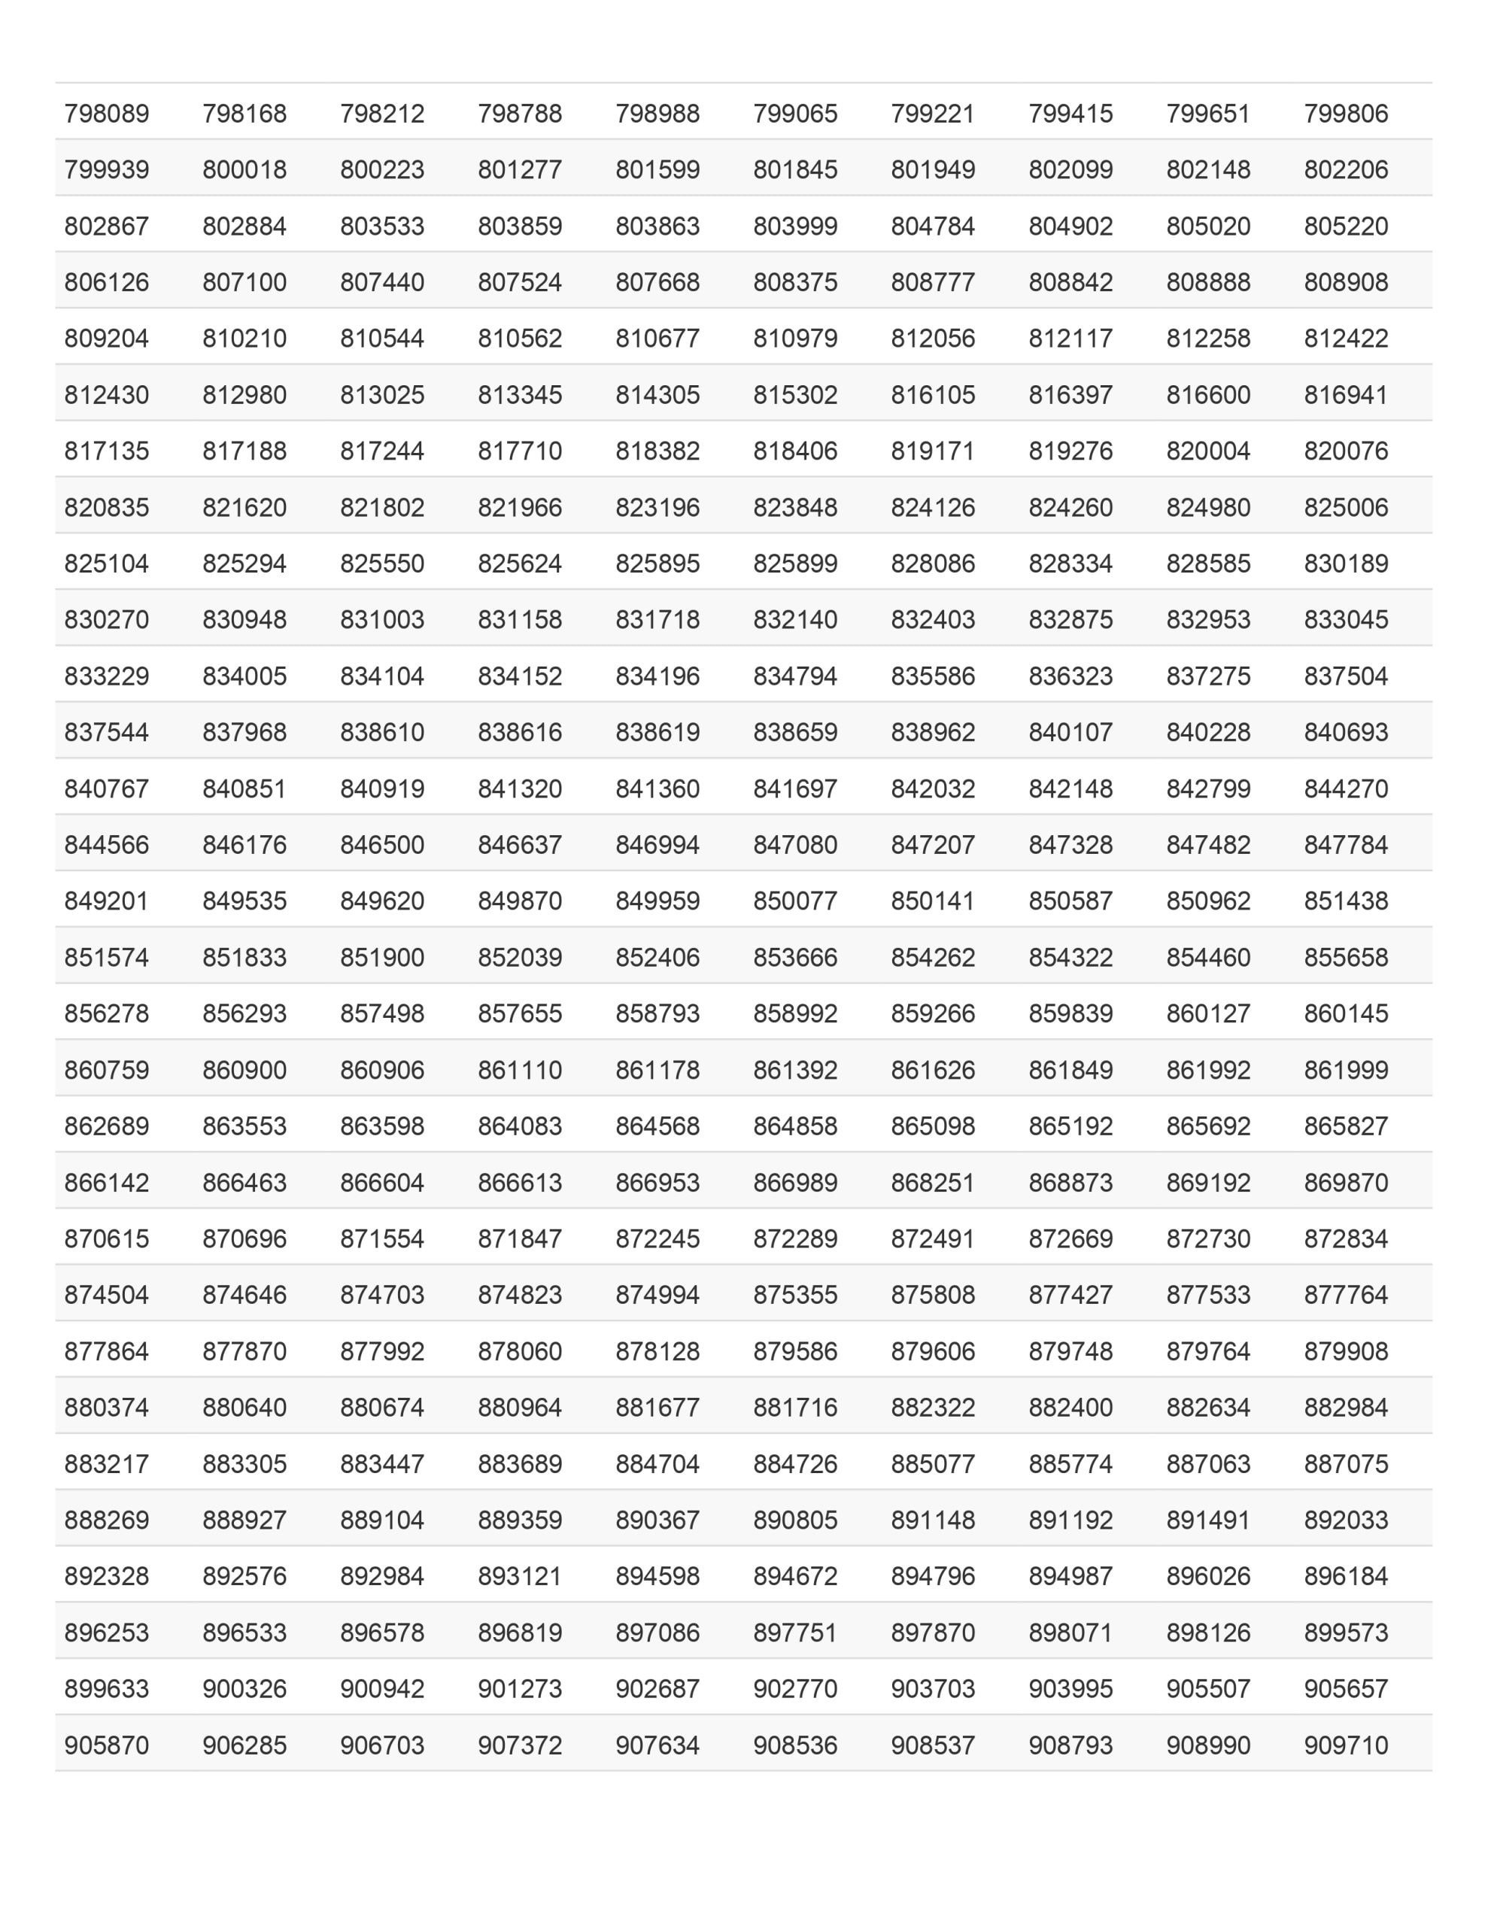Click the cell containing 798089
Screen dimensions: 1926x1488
tap(107, 114)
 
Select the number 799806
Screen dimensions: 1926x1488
tap(1346, 114)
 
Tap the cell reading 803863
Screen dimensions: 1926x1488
tap(657, 226)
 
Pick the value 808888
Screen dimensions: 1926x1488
tap(1208, 282)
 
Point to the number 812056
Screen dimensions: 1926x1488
tap(932, 339)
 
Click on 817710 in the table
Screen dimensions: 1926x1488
tap(520, 451)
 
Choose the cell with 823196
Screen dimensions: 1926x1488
tap(657, 508)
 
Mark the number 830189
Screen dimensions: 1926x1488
tap(1346, 564)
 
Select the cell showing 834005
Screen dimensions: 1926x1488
tap(244, 676)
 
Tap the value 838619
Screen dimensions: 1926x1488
tap(657, 733)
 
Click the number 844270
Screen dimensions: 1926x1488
tap(1346, 788)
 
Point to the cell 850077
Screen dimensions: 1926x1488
tap(794, 901)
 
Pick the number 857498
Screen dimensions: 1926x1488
tap(382, 1013)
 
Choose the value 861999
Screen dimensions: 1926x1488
tap(1346, 1071)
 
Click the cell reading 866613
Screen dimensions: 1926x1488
tap(520, 1183)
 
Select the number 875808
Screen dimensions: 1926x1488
tap(932, 1296)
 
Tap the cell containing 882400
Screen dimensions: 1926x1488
tap(1070, 1408)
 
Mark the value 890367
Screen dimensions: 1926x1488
tap(657, 1520)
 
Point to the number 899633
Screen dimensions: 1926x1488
tap(107, 1689)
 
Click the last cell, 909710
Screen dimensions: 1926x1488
tap(1346, 1745)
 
